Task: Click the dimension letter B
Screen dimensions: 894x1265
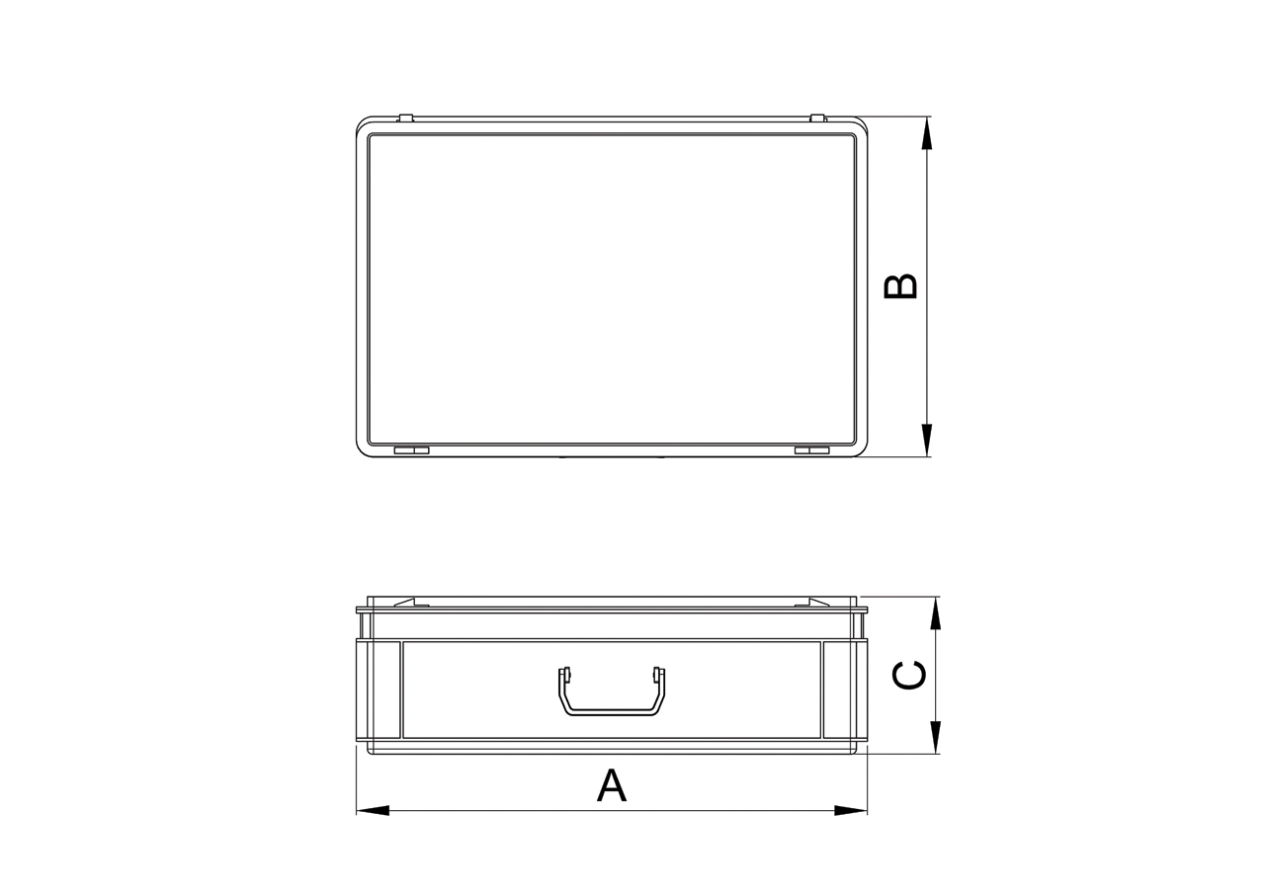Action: pos(900,286)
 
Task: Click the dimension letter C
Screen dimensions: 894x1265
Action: pos(908,675)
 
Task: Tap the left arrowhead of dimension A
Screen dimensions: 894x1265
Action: pos(373,811)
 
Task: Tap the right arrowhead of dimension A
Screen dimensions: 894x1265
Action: pos(850,811)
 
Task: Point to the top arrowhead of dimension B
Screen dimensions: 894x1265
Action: pos(927,133)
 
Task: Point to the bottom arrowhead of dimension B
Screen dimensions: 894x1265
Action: pos(927,440)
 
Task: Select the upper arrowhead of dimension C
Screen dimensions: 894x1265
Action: pos(936,613)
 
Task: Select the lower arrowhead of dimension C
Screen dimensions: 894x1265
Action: pos(936,737)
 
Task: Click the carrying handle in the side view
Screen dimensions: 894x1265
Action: pos(612,711)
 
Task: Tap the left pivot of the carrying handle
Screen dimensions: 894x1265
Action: pos(564,675)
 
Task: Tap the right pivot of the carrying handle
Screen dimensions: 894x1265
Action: pos(658,675)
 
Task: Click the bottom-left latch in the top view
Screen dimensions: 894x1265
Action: pos(411,450)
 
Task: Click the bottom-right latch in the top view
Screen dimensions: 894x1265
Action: pos(811,450)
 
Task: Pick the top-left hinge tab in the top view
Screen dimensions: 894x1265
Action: pos(405,119)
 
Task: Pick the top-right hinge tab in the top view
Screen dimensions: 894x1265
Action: pos(817,119)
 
